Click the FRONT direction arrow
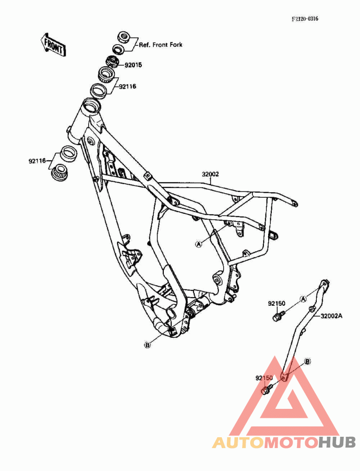[x=53, y=44]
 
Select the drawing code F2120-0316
[x=308, y=19]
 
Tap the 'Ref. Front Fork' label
[x=161, y=45]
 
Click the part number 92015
[x=133, y=65]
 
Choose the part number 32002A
[x=332, y=316]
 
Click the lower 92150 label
[x=265, y=378]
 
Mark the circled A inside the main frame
[x=198, y=244]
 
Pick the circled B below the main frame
[x=147, y=345]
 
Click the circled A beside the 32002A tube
[x=303, y=298]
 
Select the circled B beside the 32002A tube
[x=308, y=361]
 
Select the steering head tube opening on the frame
[x=90, y=107]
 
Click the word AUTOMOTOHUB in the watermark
[x=284, y=442]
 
